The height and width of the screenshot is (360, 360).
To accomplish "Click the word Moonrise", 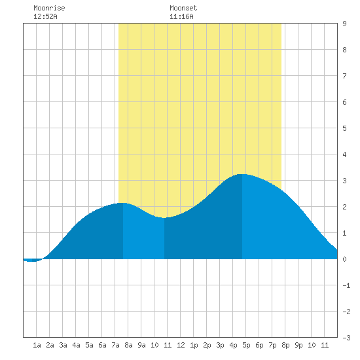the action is (49, 8).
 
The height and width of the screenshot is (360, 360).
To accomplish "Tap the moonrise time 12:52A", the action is (45, 16).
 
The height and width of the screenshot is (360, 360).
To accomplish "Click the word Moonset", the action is (183, 8).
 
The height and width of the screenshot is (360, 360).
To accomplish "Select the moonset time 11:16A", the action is (181, 16).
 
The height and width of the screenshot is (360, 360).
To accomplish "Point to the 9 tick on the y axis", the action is (344, 24).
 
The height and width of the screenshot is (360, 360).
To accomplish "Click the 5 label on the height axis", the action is (344, 128).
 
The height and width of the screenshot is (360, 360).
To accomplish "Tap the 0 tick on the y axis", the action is (344, 259).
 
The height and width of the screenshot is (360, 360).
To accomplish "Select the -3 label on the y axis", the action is (346, 338).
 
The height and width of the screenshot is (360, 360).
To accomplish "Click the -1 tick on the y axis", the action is (346, 285).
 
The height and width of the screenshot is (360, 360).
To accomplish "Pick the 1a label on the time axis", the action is (37, 345).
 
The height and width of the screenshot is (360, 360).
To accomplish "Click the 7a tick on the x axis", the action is (115, 345).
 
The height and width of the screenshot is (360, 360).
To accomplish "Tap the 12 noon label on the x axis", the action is (181, 345).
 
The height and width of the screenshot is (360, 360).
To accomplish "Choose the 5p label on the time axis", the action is (246, 345).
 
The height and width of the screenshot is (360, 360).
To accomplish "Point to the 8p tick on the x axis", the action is (285, 345).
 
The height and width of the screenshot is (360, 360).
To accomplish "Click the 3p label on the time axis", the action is (220, 345).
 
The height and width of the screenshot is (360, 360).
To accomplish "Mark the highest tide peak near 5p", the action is (242, 174).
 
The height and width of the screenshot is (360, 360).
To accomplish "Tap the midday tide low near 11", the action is (164, 218).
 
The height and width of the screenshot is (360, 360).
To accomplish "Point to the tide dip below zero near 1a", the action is (33, 261).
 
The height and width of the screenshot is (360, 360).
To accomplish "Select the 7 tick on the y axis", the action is (344, 76).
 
